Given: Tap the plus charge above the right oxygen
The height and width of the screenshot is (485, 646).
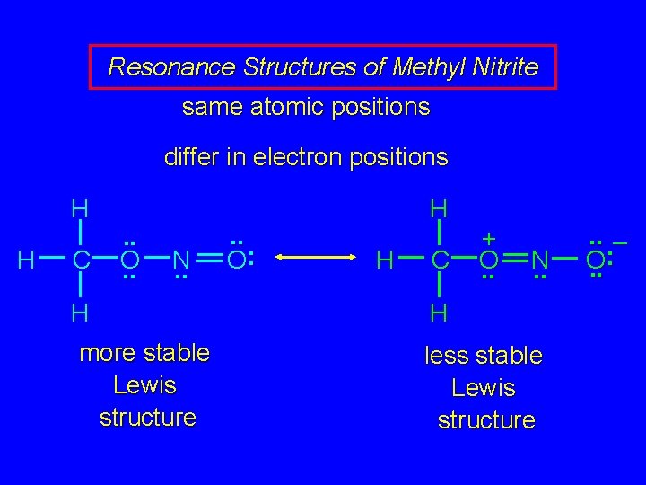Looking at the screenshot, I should click(489, 239).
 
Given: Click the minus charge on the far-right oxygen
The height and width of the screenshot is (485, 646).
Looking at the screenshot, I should click(620, 242).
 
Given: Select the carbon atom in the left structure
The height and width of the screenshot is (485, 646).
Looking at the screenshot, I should click(80, 260).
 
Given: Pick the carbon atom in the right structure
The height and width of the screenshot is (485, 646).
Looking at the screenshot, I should click(439, 260).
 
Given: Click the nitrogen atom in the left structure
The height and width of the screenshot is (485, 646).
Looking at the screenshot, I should click(180, 260).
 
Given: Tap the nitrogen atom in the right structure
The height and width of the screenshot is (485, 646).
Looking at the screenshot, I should click(539, 260).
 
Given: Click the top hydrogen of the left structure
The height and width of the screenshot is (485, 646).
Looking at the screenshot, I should click(80, 209).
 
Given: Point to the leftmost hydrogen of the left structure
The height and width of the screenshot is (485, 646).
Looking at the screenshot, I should click(27, 260).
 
